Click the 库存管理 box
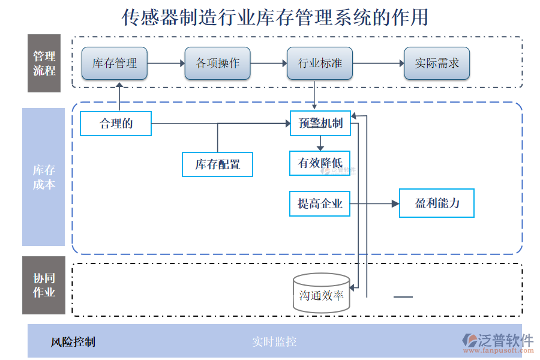[x=115, y=63]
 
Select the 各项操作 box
[x=217, y=63]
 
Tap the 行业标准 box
[x=320, y=63]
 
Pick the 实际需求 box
[x=436, y=63]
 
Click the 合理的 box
[x=115, y=124]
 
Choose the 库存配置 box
[x=217, y=164]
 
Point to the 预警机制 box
[x=320, y=124]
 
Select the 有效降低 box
[x=319, y=163]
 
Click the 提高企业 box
[x=319, y=204]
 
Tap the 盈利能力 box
[x=437, y=203]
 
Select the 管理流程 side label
[x=44, y=63]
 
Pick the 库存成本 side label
[x=43, y=177]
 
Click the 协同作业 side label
[x=44, y=286]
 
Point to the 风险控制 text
[x=73, y=342]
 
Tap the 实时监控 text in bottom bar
[x=274, y=342]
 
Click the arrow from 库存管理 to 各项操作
[x=166, y=63]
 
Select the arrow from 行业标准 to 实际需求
[x=378, y=63]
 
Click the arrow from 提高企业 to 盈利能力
[x=374, y=204]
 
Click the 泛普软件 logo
[x=498, y=343]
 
